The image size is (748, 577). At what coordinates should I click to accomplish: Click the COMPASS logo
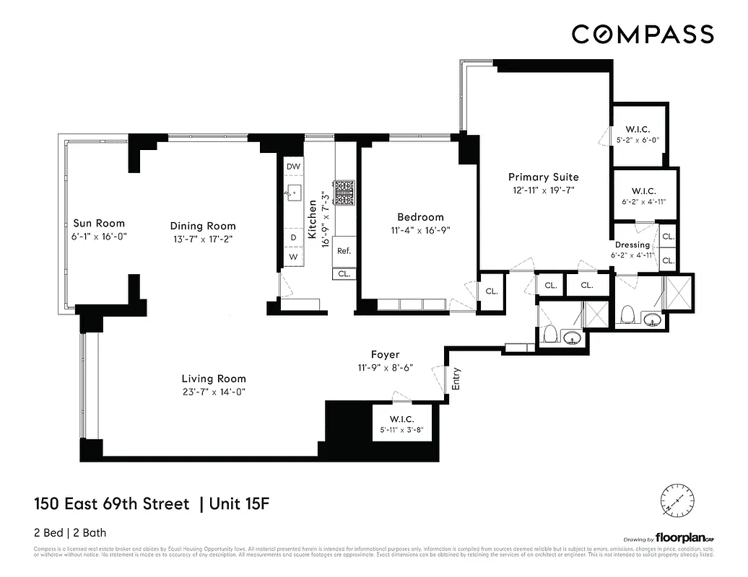tap(643, 34)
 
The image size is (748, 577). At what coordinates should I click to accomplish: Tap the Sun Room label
tap(99, 224)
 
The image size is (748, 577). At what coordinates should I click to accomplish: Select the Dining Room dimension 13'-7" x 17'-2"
tap(203, 238)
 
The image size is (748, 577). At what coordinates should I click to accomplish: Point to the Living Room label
tap(214, 379)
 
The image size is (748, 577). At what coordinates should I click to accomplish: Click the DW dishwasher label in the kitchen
tap(293, 167)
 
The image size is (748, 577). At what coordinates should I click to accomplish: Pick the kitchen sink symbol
tap(294, 192)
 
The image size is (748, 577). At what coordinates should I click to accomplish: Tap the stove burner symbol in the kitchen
tap(344, 191)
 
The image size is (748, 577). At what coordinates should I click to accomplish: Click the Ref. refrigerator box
tap(344, 251)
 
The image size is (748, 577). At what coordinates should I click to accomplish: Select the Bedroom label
tap(420, 217)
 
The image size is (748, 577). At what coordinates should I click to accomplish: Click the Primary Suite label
tap(543, 177)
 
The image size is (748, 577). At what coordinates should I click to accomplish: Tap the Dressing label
tap(632, 245)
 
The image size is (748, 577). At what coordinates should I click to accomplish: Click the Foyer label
tap(385, 354)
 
